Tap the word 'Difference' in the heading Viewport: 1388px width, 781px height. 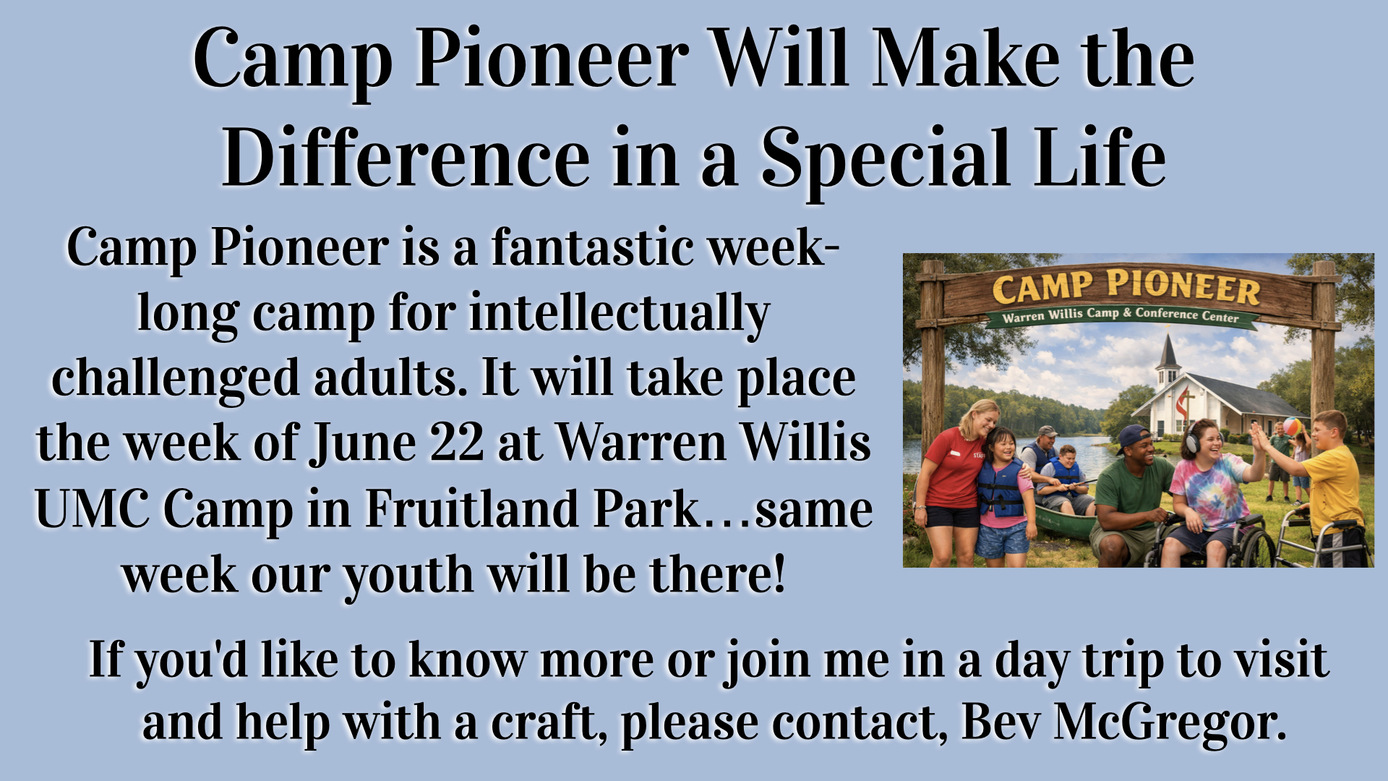coord(406,157)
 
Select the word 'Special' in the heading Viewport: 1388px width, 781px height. coord(885,158)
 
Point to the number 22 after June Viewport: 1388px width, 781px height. coord(456,443)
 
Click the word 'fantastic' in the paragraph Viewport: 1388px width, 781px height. coord(591,247)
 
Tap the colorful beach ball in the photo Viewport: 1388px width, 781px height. coord(1290,426)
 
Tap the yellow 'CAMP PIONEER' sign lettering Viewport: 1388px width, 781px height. coord(1126,287)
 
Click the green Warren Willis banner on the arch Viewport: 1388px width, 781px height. coord(1121,316)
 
